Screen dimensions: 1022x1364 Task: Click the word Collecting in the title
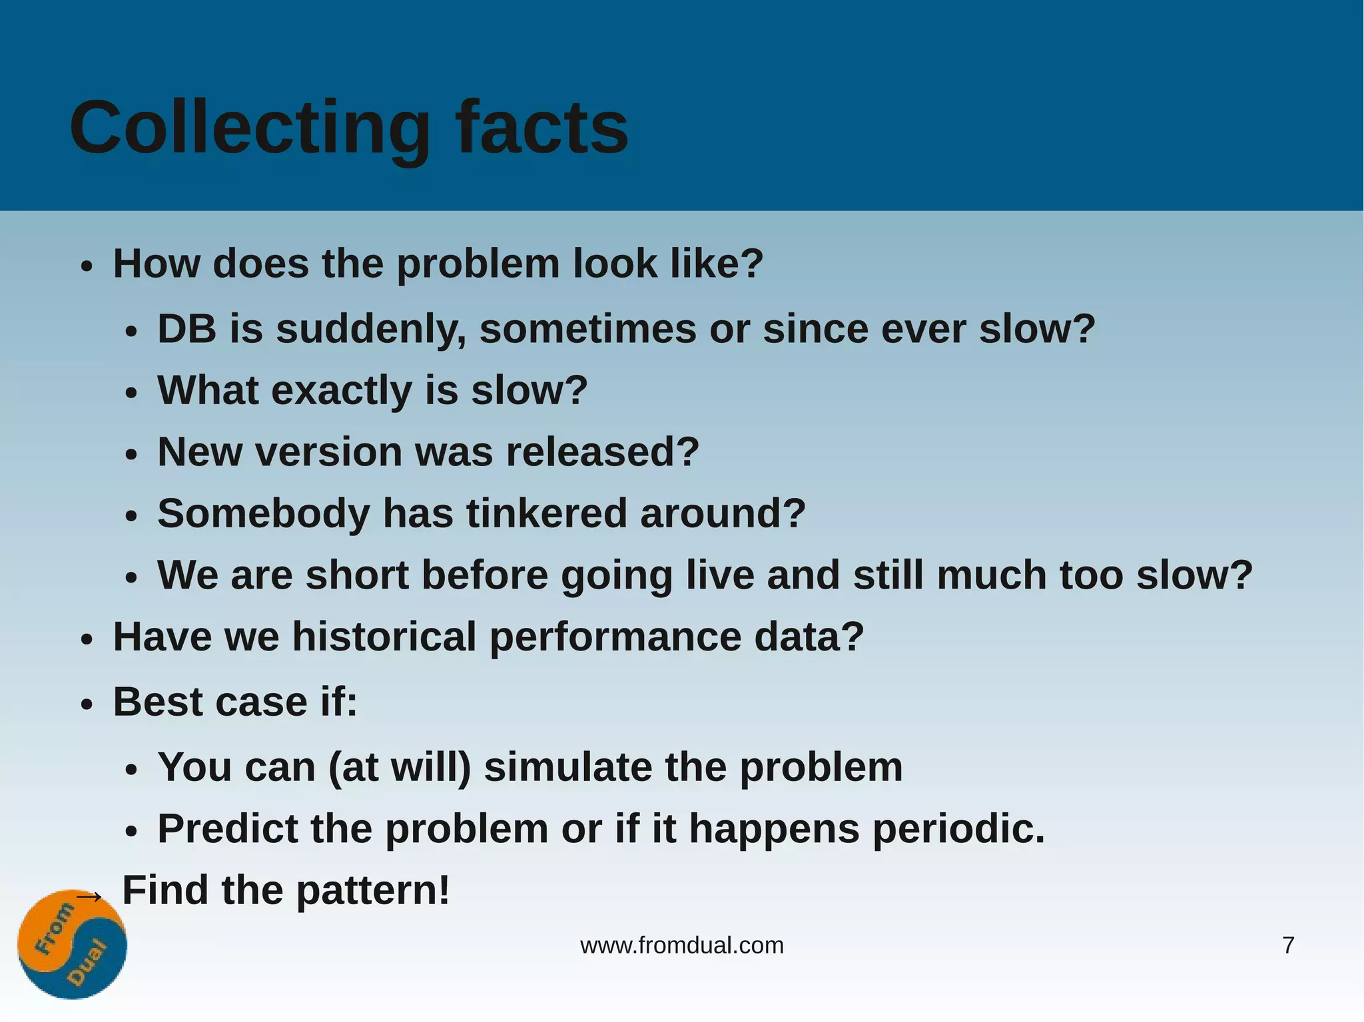(250, 128)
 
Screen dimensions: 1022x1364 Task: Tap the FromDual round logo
(72, 943)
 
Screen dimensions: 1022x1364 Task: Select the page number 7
(1288, 945)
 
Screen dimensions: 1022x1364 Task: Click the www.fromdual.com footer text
(681, 945)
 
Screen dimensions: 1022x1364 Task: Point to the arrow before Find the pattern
(89, 897)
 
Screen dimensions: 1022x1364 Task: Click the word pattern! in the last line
(373, 891)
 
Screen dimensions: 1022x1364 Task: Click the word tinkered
(546, 513)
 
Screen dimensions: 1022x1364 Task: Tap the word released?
(602, 452)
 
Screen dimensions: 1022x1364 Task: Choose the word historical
(384, 637)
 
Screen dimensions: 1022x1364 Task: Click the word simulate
(567, 767)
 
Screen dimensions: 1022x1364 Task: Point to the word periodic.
(958, 829)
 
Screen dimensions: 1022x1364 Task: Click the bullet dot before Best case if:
(87, 705)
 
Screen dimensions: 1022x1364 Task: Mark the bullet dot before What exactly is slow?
(131, 393)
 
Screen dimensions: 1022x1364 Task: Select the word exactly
(342, 390)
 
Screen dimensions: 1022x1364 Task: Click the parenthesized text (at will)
(399, 767)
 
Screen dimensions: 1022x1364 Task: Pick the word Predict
(227, 829)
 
